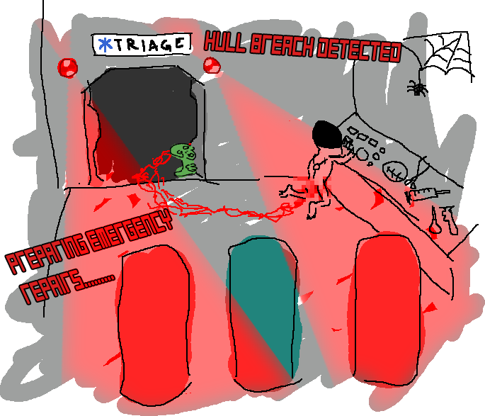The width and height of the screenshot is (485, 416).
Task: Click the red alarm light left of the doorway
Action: click(68, 67)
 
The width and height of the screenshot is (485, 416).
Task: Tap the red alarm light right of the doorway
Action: click(212, 69)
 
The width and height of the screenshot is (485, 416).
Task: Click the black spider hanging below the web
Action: click(418, 89)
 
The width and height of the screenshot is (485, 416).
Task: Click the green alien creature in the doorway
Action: click(185, 159)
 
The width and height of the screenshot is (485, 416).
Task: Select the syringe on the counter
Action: click(425, 191)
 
